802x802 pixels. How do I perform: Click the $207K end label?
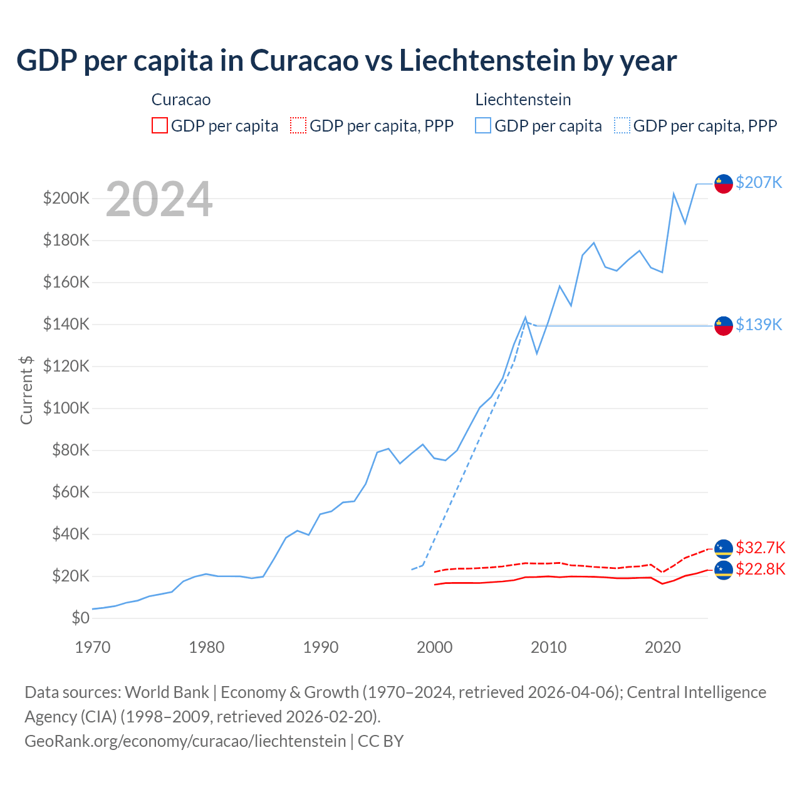[759, 182]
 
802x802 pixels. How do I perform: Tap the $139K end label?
[759, 325]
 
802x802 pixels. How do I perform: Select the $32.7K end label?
[760, 548]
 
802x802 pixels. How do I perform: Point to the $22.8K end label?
[760, 569]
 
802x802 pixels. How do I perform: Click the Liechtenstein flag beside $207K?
[724, 184]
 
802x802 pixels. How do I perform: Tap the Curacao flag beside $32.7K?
[724, 548]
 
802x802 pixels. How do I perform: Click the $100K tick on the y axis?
[66, 409]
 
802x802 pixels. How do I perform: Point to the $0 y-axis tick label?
[80, 618]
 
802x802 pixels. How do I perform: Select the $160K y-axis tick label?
[66, 283]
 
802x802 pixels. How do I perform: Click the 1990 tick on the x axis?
[321, 647]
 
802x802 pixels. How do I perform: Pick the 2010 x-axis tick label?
[549, 647]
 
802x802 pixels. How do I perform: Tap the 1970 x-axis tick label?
[93, 647]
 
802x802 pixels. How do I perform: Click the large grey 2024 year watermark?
[159, 199]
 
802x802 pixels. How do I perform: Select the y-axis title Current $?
[26, 390]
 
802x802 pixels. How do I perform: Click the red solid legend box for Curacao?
[160, 125]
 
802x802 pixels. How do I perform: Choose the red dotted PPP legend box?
[298, 125]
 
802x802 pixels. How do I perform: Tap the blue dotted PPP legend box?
[622, 125]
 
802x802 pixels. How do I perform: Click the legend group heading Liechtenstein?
[523, 100]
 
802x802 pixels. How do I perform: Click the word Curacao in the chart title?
[304, 61]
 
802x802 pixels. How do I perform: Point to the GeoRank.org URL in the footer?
[185, 741]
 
